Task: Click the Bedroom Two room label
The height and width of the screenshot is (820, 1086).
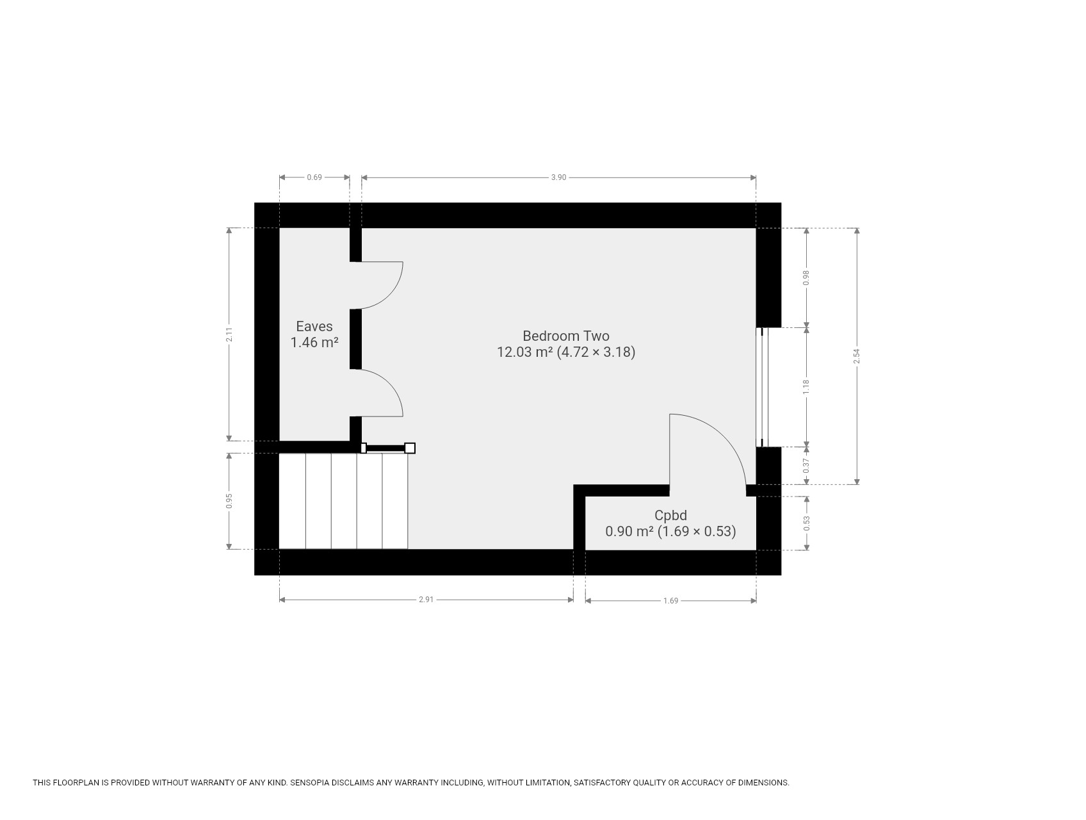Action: (566, 336)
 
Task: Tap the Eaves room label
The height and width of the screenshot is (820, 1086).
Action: (314, 327)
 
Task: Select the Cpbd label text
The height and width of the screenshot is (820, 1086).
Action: (670, 515)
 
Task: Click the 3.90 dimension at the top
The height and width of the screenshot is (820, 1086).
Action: (558, 177)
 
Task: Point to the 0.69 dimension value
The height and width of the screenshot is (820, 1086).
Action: (314, 177)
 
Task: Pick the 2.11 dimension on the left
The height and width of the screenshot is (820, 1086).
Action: (229, 334)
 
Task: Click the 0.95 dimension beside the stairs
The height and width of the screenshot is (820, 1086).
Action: (229, 501)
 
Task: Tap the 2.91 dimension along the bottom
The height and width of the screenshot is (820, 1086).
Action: (426, 600)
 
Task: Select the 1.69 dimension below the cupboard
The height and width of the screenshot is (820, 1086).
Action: (670, 601)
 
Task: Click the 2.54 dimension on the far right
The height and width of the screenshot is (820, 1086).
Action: (857, 356)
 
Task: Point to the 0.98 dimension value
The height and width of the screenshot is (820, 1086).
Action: (807, 277)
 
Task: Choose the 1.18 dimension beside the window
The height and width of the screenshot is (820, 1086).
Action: (807, 387)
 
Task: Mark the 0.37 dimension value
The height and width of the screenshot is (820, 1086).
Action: (807, 466)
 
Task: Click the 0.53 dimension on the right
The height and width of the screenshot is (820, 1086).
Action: (807, 523)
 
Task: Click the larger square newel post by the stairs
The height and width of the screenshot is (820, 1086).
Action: (410, 448)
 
